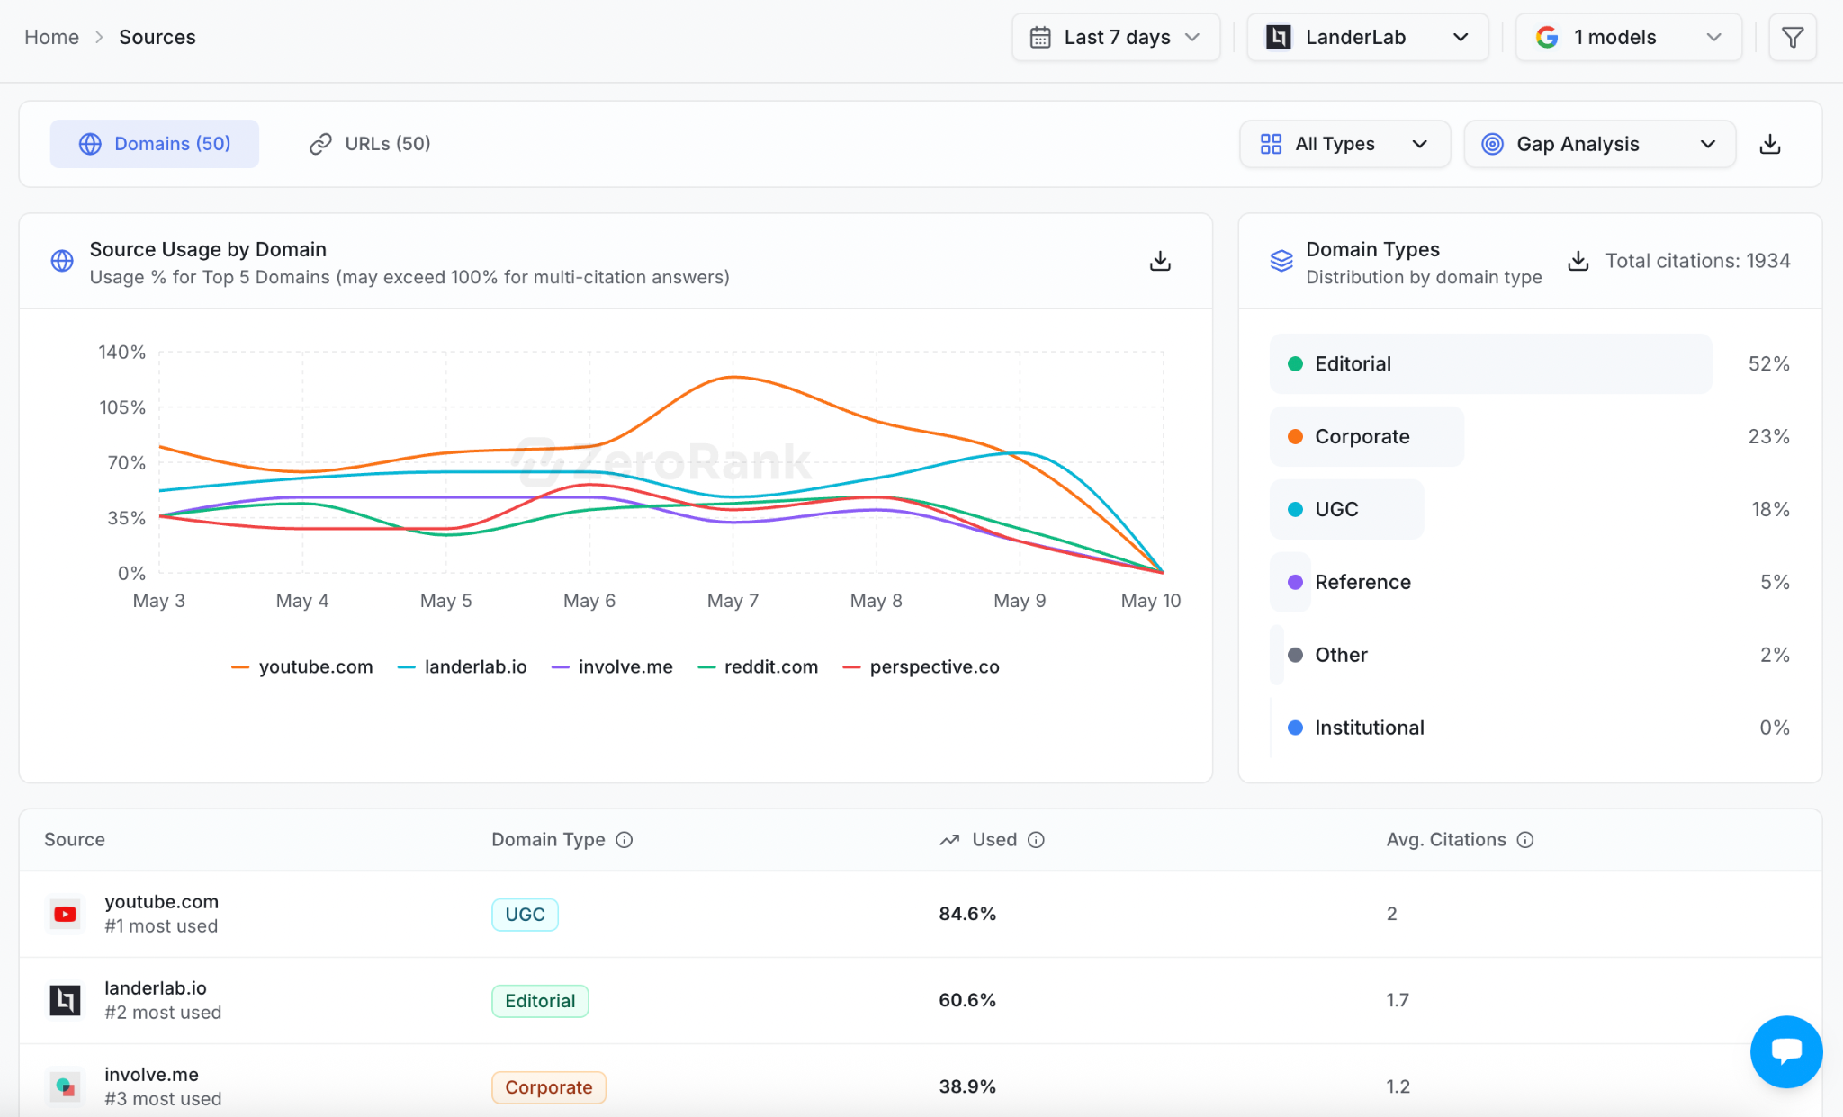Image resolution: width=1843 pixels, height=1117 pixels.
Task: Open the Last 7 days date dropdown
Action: (x=1116, y=37)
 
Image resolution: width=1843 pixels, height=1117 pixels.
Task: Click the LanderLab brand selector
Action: (x=1367, y=37)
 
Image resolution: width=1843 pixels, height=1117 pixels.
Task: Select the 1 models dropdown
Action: (x=1628, y=37)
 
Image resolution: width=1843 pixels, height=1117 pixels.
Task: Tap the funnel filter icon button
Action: (x=1792, y=37)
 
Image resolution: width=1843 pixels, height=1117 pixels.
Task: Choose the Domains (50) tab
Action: (x=155, y=144)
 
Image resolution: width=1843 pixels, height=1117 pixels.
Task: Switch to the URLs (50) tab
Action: (x=370, y=144)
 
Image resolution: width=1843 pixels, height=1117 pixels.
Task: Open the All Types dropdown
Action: (x=1344, y=144)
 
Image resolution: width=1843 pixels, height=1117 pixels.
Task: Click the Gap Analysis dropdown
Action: (x=1599, y=144)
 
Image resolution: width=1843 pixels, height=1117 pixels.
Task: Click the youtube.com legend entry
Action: (x=302, y=667)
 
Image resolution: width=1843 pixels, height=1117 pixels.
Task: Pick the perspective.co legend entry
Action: (x=921, y=667)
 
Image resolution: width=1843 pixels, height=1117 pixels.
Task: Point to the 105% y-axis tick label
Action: (x=122, y=407)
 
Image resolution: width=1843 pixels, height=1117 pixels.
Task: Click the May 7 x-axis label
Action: (x=733, y=601)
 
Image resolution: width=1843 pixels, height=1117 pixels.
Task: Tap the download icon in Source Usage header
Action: (x=1160, y=261)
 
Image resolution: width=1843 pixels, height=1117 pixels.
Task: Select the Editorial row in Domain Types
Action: (x=1490, y=363)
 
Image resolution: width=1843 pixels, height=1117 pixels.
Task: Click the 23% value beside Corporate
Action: (x=1768, y=436)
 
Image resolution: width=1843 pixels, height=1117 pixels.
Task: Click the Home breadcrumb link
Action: (x=51, y=37)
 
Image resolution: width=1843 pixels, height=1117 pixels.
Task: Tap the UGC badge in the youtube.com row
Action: (x=525, y=915)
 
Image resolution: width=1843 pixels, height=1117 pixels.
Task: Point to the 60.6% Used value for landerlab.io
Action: (x=967, y=1000)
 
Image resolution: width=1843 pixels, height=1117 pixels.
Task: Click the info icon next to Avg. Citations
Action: (x=1525, y=840)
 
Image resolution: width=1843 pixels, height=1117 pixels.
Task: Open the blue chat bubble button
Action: (x=1786, y=1051)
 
